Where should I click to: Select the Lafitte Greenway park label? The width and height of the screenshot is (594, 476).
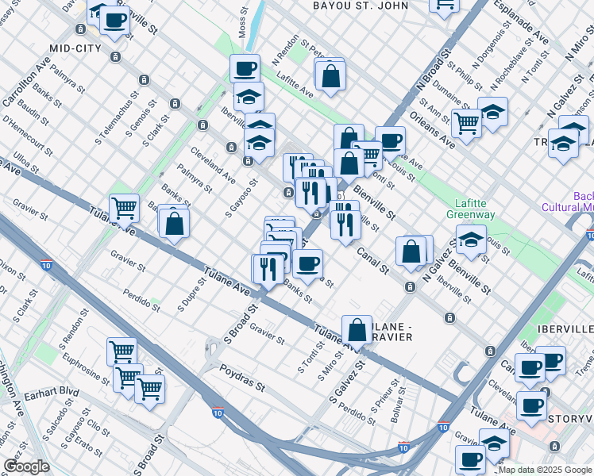click(x=475, y=209)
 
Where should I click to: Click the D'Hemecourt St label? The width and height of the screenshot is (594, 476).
click(x=27, y=135)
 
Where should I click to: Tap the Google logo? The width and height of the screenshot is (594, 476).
click(x=25, y=466)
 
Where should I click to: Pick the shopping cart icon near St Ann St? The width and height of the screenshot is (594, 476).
click(x=466, y=123)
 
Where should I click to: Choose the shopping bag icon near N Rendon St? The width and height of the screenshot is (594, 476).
click(x=330, y=76)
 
